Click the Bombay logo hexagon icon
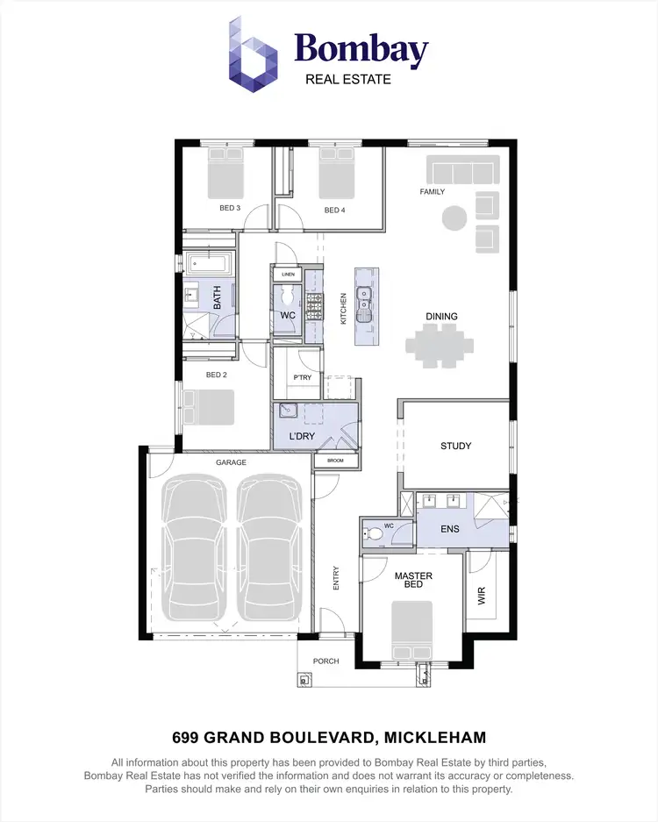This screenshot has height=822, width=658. click(254, 52)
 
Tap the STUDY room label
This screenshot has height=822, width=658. click(455, 446)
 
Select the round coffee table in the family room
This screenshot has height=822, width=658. click(454, 217)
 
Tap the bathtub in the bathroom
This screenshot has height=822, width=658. click(211, 264)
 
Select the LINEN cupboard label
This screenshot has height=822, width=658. click(287, 275)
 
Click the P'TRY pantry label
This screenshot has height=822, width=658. click(302, 378)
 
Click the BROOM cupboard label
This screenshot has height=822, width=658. click(335, 461)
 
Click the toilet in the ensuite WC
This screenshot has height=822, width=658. click(376, 532)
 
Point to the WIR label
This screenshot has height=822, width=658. click(481, 597)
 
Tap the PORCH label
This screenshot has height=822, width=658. click(325, 661)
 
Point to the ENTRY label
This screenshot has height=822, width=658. click(336, 576)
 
